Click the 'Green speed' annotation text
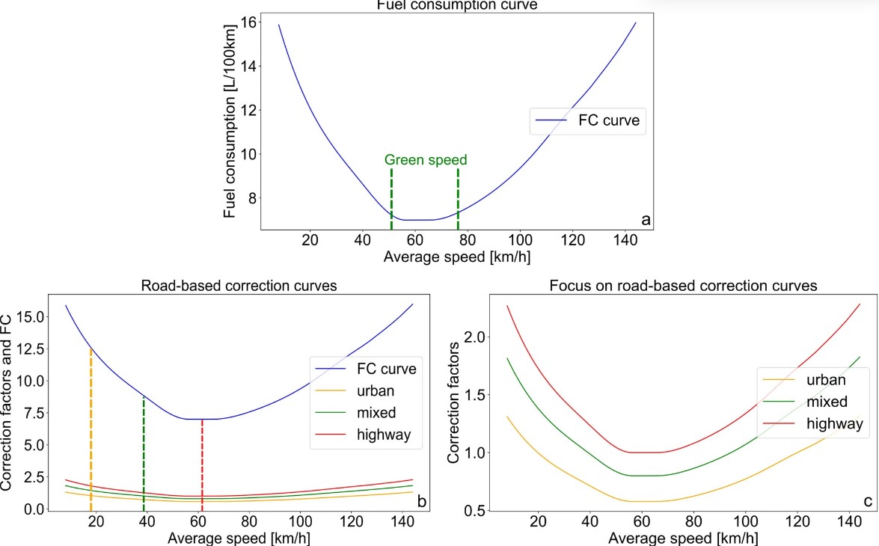(426, 159)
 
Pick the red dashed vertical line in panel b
(202, 464)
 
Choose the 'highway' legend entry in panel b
(385, 435)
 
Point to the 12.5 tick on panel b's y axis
(32, 349)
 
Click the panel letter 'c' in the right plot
(863, 501)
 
